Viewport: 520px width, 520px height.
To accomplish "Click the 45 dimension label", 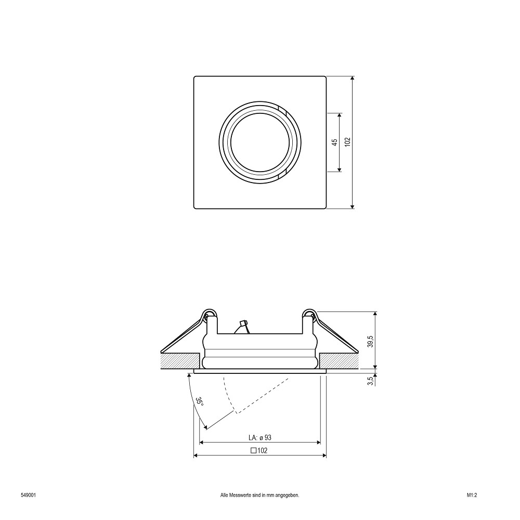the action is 334,142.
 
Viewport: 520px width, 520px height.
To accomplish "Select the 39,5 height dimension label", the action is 371,341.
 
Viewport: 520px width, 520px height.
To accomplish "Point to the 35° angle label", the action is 199,401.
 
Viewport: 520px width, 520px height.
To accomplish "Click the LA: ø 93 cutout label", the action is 259,437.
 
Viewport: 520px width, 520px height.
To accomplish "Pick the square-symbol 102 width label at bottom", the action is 259,450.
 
